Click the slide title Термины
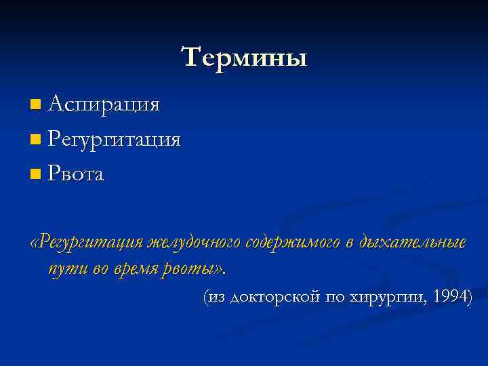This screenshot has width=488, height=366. (x=244, y=57)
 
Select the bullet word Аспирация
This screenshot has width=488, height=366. (x=104, y=104)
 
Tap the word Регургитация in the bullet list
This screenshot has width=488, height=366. (x=115, y=140)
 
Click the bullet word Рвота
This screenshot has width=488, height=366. (x=77, y=175)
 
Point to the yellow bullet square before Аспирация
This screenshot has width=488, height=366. (x=35, y=105)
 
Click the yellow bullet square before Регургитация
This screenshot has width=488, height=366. (x=35, y=140)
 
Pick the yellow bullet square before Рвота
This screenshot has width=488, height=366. (x=35, y=176)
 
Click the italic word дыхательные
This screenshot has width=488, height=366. (x=414, y=242)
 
